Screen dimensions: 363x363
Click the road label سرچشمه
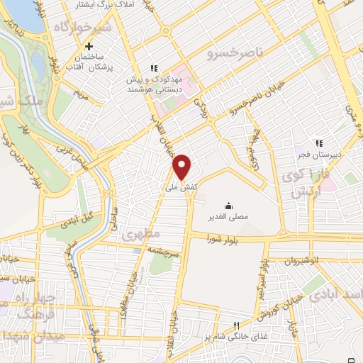163,251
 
